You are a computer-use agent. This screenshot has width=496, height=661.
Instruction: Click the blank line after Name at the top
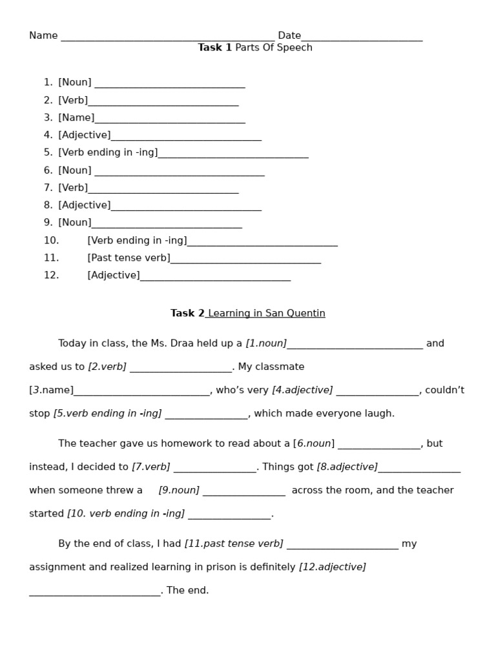167,37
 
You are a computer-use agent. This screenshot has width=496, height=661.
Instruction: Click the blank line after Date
362,37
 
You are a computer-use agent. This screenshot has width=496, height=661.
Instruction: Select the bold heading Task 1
214,48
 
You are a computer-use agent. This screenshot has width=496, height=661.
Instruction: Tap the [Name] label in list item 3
76,117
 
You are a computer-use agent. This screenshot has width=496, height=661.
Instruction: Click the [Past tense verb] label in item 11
129,258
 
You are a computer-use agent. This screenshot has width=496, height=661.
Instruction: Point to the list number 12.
51,275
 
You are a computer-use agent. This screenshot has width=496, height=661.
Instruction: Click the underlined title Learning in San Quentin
266,313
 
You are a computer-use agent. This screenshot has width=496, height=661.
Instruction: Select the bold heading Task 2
187,313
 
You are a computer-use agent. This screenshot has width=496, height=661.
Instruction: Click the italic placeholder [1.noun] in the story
266,343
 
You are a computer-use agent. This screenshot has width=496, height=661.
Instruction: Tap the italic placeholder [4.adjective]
302,390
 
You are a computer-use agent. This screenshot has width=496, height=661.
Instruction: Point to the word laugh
379,413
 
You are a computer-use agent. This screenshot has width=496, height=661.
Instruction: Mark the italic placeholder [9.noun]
179,490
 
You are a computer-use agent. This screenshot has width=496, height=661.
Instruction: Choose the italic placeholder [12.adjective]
332,567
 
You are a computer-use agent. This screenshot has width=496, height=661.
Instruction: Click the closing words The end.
188,590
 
